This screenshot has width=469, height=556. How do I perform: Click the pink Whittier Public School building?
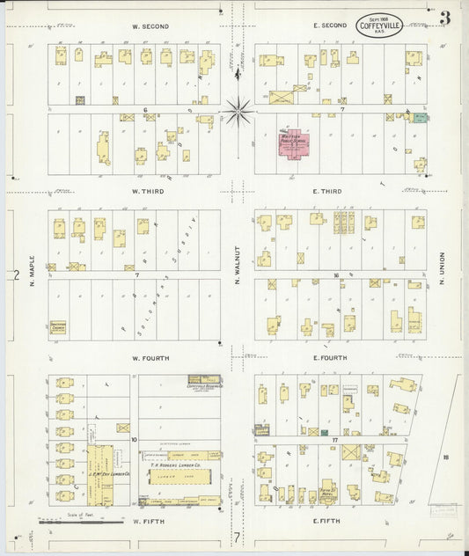292,143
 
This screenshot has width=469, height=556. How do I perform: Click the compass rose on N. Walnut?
238,111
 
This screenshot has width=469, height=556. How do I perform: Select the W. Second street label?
150,26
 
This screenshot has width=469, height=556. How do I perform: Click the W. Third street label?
150,191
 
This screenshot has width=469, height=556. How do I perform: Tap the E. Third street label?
326,191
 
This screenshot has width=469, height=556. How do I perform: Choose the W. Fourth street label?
150,358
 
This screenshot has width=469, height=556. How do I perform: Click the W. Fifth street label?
150,522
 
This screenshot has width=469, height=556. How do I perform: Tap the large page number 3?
446,18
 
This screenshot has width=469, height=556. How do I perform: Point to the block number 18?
446,457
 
